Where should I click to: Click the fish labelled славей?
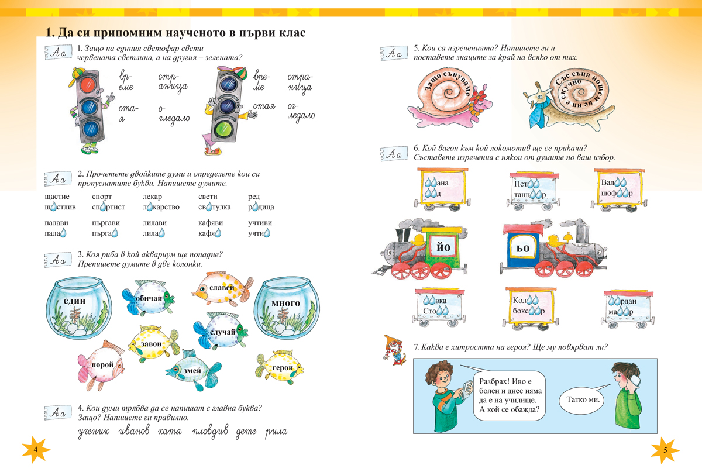point(219,288)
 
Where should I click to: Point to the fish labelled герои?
point(280,367)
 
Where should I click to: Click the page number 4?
point(35,449)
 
